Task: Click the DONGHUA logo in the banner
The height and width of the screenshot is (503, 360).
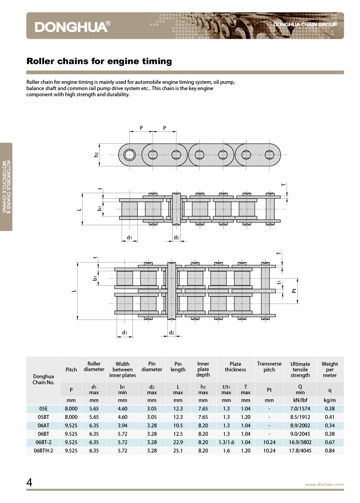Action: (72, 27)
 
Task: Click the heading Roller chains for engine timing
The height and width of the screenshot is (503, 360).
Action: (99, 61)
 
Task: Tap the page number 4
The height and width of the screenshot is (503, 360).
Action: (30, 482)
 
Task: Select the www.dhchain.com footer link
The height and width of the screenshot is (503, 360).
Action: (324, 485)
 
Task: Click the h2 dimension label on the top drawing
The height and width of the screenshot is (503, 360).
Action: (96, 155)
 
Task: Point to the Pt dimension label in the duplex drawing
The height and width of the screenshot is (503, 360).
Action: (294, 291)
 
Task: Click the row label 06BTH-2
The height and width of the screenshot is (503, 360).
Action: (43, 451)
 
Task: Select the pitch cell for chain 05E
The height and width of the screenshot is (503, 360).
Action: (71, 409)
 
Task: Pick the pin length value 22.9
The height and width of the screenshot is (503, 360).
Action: (178, 442)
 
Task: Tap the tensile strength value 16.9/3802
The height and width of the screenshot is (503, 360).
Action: (300, 442)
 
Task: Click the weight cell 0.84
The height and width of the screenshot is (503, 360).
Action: (329, 451)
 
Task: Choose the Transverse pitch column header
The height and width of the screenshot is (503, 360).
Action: (269, 367)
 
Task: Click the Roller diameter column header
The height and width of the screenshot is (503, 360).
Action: (94, 366)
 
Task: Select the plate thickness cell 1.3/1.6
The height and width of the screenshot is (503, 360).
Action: (226, 442)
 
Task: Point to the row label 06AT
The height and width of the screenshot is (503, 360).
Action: (43, 426)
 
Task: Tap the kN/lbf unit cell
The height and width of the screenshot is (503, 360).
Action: (300, 400)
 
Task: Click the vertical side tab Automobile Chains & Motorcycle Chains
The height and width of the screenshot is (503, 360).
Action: (6, 187)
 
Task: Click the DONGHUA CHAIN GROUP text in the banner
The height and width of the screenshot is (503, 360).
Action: (305, 25)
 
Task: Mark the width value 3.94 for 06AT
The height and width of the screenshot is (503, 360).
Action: (122, 426)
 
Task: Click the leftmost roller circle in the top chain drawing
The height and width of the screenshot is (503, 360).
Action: (130, 155)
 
